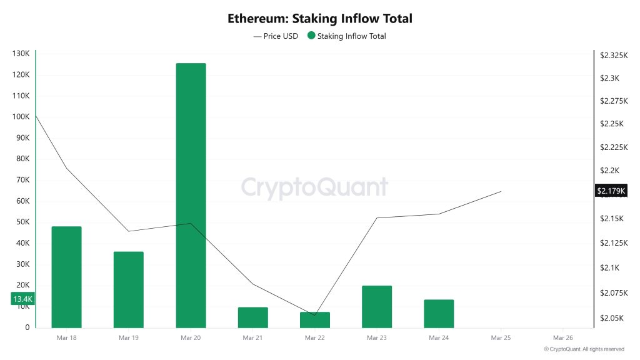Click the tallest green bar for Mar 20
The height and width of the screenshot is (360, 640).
[x=191, y=195]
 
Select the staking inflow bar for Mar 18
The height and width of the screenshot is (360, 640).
[x=66, y=277]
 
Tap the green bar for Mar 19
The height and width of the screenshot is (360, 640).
[x=128, y=289]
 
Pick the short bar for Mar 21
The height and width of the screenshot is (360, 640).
[x=252, y=317]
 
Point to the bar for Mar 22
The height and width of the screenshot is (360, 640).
[x=314, y=320]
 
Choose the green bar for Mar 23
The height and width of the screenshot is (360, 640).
[x=377, y=306]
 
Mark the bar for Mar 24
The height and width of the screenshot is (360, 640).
[x=439, y=314]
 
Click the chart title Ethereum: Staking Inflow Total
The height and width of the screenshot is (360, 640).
[x=320, y=19]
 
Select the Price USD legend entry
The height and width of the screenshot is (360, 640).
[x=276, y=36]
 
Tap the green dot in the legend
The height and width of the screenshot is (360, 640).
[x=311, y=36]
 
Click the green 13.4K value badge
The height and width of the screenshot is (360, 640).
[x=22, y=299]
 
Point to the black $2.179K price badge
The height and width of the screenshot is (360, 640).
[x=611, y=191]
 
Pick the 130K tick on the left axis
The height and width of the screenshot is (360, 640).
[x=21, y=54]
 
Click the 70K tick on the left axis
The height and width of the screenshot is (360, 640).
[x=22, y=180]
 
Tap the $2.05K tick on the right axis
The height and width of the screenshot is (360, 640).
[x=611, y=318]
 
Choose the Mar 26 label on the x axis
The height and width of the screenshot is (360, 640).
[x=563, y=338]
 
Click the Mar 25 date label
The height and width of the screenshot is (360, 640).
[x=501, y=338]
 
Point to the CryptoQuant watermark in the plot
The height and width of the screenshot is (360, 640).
[x=314, y=187]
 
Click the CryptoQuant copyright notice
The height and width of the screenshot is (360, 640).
[x=584, y=349]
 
